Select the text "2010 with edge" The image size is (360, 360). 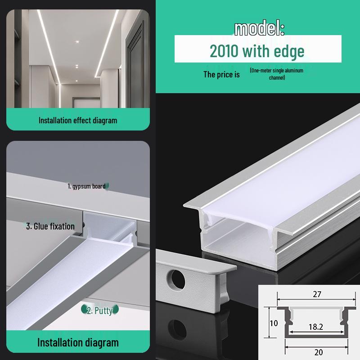pyautogui.click(x=257, y=51)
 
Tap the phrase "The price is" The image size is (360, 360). pyautogui.click(x=221, y=74)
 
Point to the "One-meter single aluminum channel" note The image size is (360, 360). pyautogui.click(x=277, y=74)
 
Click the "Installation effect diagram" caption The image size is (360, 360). pyautogui.click(x=77, y=120)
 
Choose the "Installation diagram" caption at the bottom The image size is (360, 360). pyautogui.click(x=77, y=342)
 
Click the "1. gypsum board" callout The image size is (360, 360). pyautogui.click(x=86, y=186)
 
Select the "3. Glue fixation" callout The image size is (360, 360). pyautogui.click(x=50, y=226)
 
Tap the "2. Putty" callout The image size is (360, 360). pyautogui.click(x=99, y=310)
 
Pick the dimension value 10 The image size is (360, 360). pyautogui.click(x=274, y=323)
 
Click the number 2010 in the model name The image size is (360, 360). pyautogui.click(x=224, y=51)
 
